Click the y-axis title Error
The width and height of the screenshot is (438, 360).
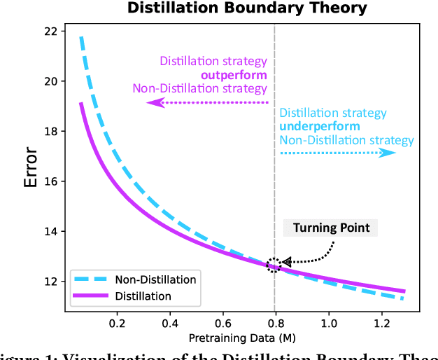30,171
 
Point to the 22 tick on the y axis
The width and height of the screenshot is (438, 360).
52,31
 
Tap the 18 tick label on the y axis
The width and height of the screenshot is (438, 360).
52,131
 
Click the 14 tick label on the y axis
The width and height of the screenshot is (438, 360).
52,231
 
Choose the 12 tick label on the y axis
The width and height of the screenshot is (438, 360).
52,281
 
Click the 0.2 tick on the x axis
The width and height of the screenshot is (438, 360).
117,324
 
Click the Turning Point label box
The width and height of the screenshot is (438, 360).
330,228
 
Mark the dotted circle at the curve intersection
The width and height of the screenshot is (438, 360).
274,265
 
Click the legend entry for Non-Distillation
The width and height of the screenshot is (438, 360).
139,279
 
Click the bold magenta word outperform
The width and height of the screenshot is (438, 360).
234,75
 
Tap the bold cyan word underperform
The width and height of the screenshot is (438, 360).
320,127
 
